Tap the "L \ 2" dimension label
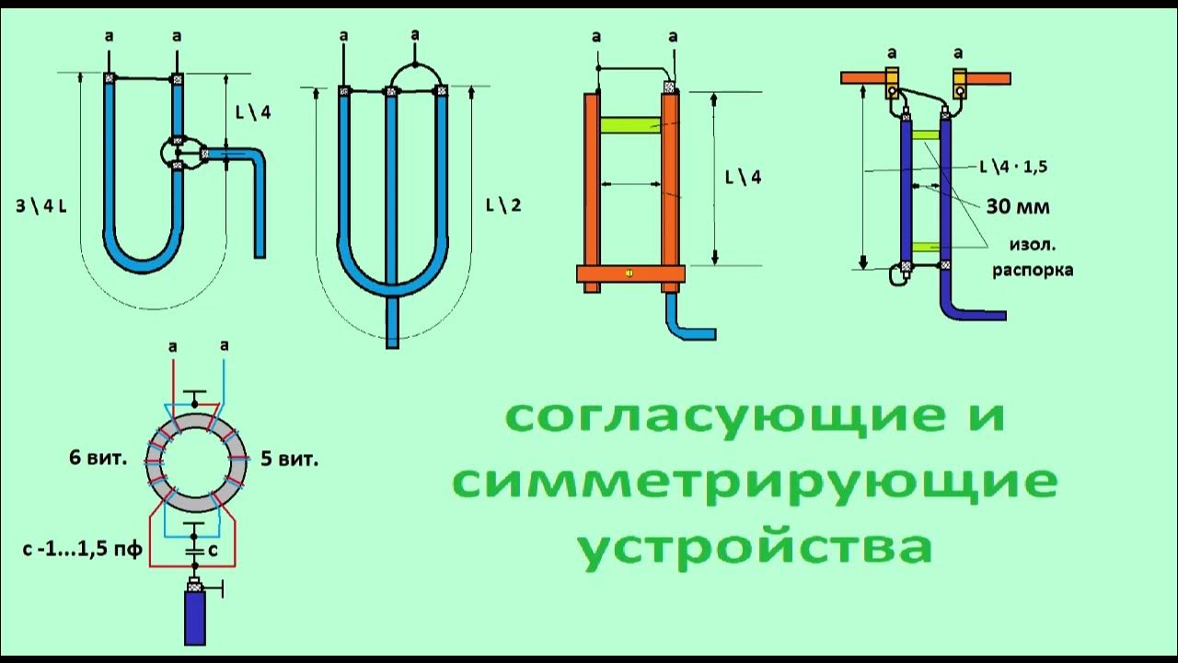click(x=502, y=204)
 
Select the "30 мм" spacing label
click(x=1018, y=207)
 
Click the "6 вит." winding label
click(x=97, y=458)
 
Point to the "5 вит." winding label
click(x=290, y=458)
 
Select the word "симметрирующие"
click(x=755, y=483)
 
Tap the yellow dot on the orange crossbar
click(x=629, y=273)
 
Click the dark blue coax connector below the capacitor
click(x=195, y=615)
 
